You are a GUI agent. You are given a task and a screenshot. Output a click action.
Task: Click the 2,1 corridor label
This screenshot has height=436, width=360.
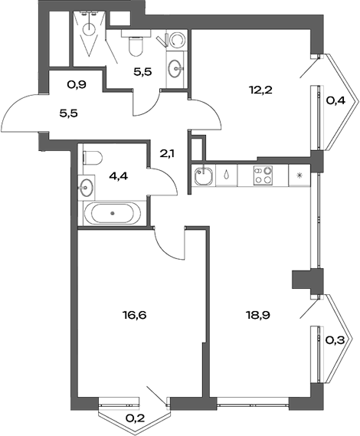pyautogui.click(x=167, y=152)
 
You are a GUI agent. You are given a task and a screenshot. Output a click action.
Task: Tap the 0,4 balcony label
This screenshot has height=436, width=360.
pyautogui.click(x=335, y=99)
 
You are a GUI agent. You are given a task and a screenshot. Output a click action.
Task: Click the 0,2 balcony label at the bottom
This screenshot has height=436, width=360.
pyautogui.click(x=135, y=419)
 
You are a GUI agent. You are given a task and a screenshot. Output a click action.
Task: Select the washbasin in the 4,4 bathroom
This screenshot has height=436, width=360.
pyautogui.click(x=85, y=186)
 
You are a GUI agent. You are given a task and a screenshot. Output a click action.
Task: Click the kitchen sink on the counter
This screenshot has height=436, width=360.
pyautogui.click(x=204, y=176)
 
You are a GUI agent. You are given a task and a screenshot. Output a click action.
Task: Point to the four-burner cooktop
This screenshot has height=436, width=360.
pyautogui.click(x=264, y=175)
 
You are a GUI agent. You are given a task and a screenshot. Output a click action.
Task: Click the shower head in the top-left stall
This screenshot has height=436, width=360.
pyautogui.click(x=91, y=28)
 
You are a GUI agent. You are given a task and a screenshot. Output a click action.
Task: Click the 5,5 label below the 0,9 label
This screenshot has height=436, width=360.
pyautogui.click(x=69, y=112)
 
